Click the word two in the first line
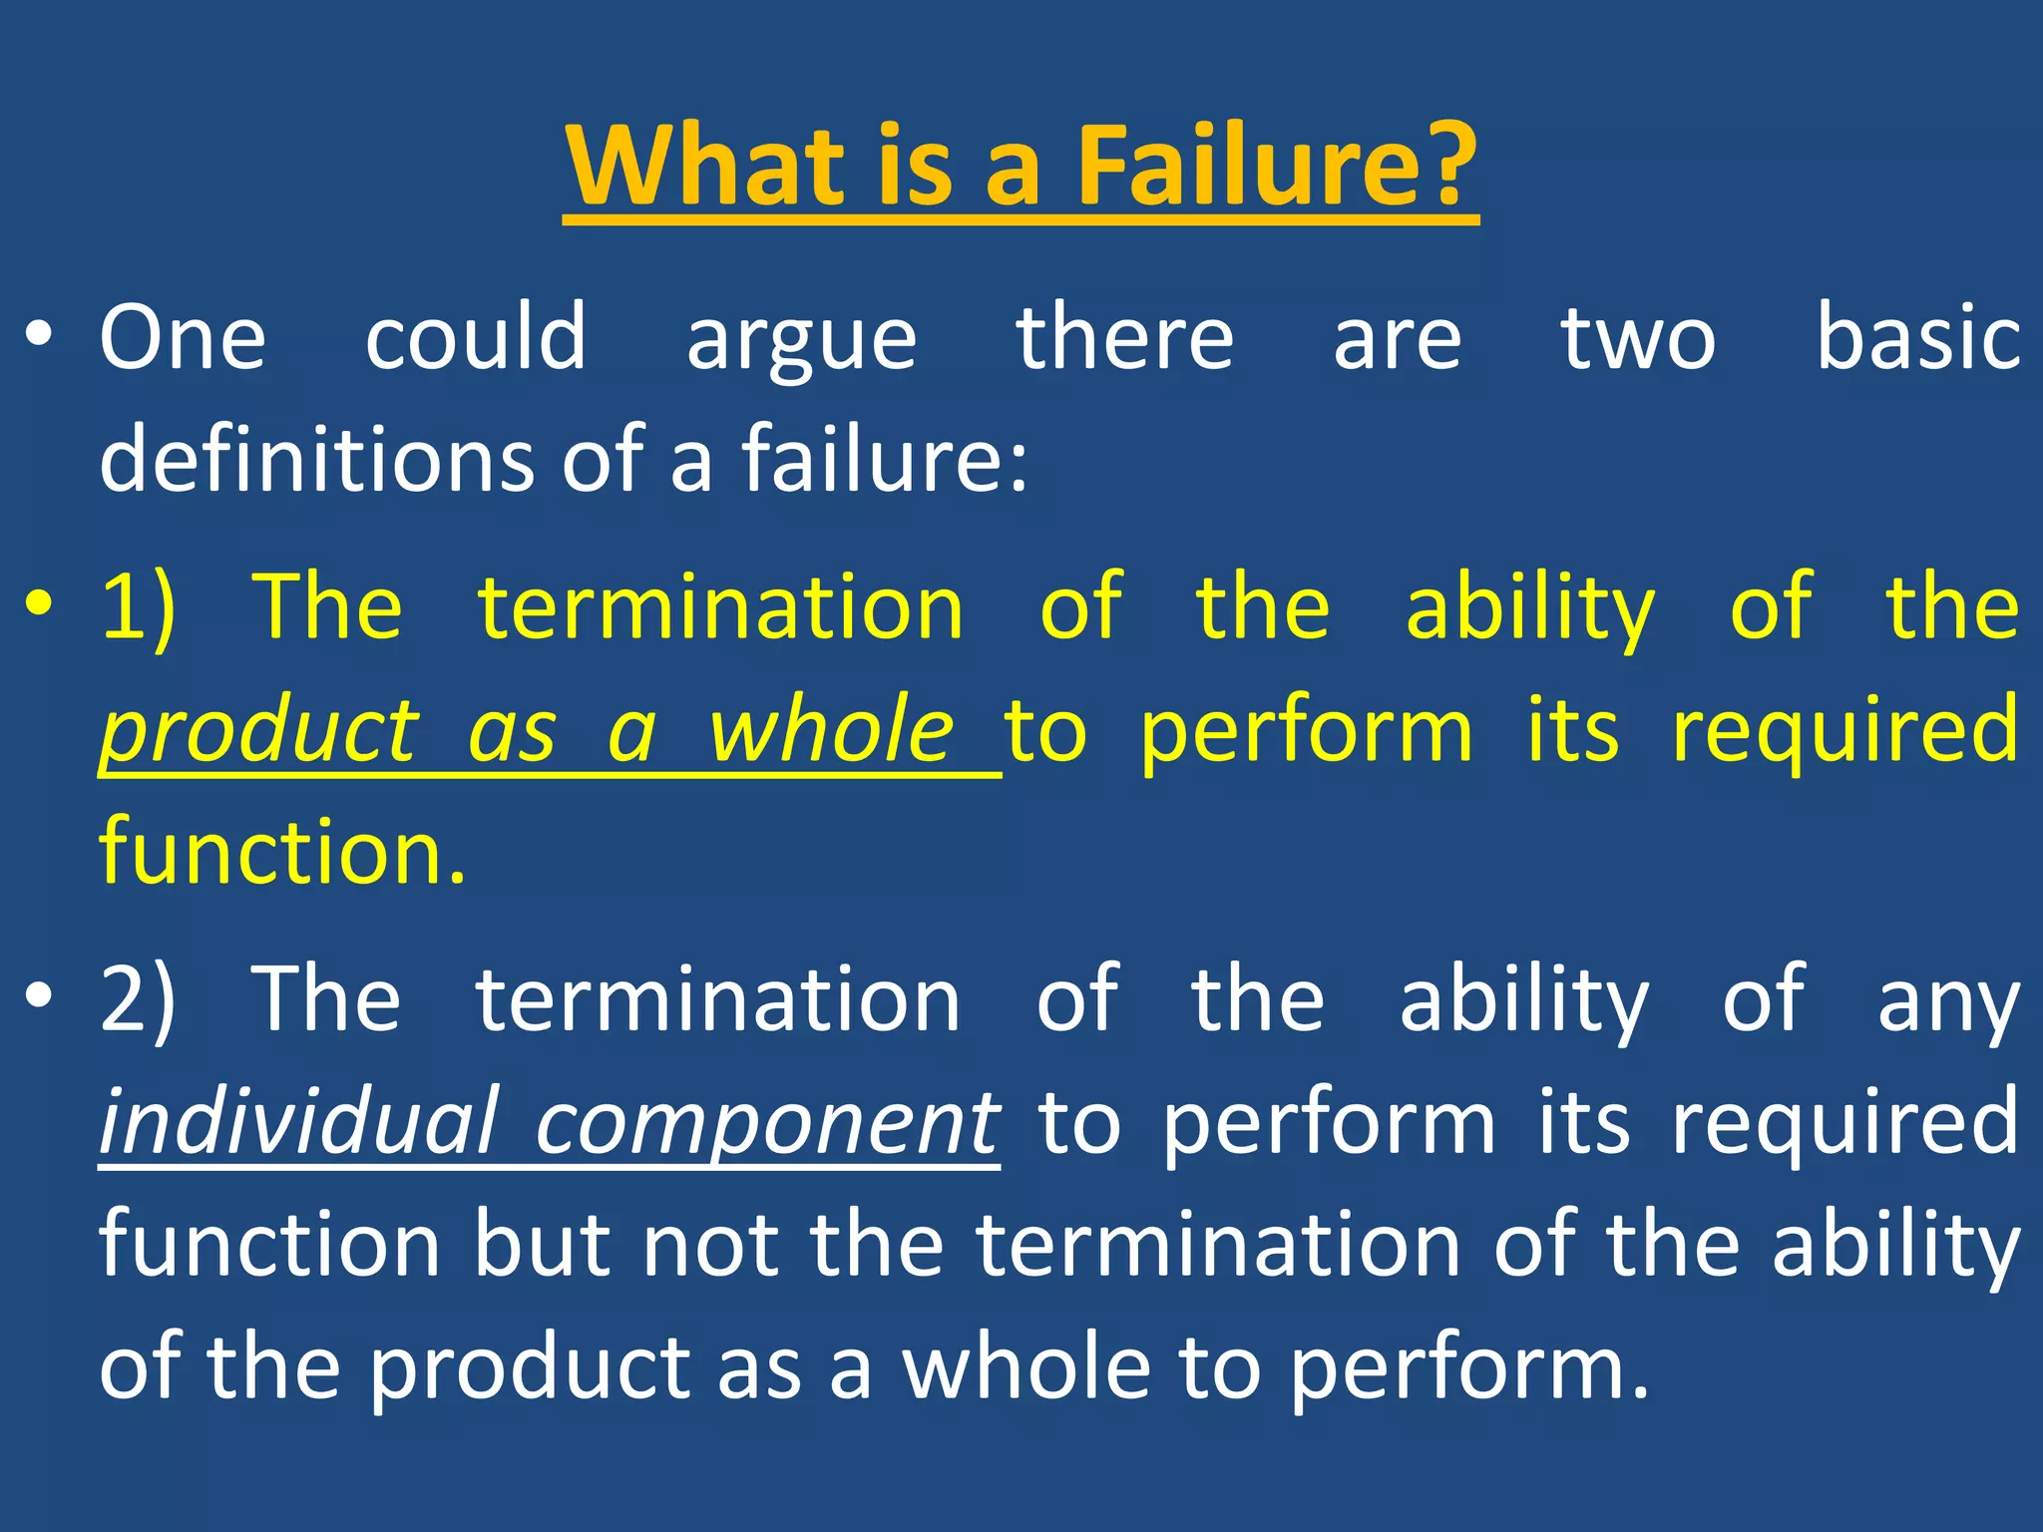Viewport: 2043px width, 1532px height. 1638,339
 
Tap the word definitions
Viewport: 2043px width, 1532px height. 317,459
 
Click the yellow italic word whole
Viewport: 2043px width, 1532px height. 831,730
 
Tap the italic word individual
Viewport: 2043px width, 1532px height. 298,1122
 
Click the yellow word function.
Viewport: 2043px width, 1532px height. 282,852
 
